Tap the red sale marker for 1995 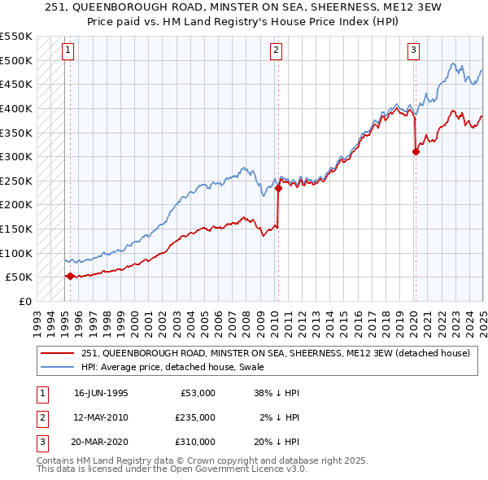point(70,276)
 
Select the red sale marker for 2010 point(278,188)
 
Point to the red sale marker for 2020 point(416,151)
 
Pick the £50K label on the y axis point(19,277)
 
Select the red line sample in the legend point(58,353)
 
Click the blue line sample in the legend point(58,367)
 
